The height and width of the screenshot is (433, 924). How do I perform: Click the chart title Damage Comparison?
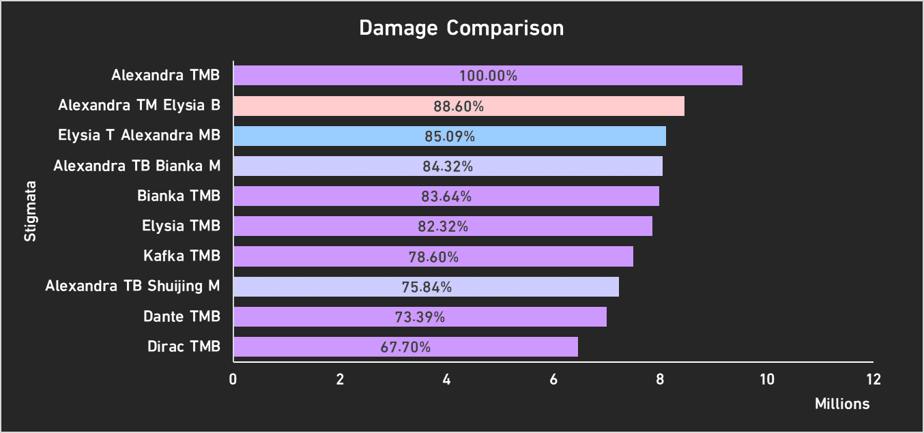tap(461, 29)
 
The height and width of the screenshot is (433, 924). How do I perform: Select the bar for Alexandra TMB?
tap(487, 76)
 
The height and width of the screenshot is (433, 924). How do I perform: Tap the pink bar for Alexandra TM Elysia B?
tap(459, 106)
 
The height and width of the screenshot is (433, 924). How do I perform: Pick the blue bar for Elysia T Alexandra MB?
tap(449, 136)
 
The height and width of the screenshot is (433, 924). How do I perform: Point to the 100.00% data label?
tap(488, 76)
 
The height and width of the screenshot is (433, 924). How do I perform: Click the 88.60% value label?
tap(459, 106)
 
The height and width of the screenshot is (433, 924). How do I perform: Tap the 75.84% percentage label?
tap(427, 287)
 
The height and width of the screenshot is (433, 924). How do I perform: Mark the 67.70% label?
tap(405, 347)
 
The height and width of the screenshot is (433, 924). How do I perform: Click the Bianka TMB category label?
tap(179, 196)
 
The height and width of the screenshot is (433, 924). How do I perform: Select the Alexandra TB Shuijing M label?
tap(132, 286)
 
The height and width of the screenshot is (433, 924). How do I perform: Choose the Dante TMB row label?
tap(182, 316)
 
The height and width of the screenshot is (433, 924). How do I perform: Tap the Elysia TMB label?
tap(181, 226)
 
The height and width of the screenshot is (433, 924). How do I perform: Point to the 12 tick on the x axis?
tap(874, 380)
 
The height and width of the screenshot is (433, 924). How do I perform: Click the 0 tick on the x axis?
tap(233, 380)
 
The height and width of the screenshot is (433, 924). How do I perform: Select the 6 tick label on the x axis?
tap(553, 380)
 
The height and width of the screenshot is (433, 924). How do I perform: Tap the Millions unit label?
tap(842, 404)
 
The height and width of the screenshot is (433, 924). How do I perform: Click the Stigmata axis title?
tap(30, 211)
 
